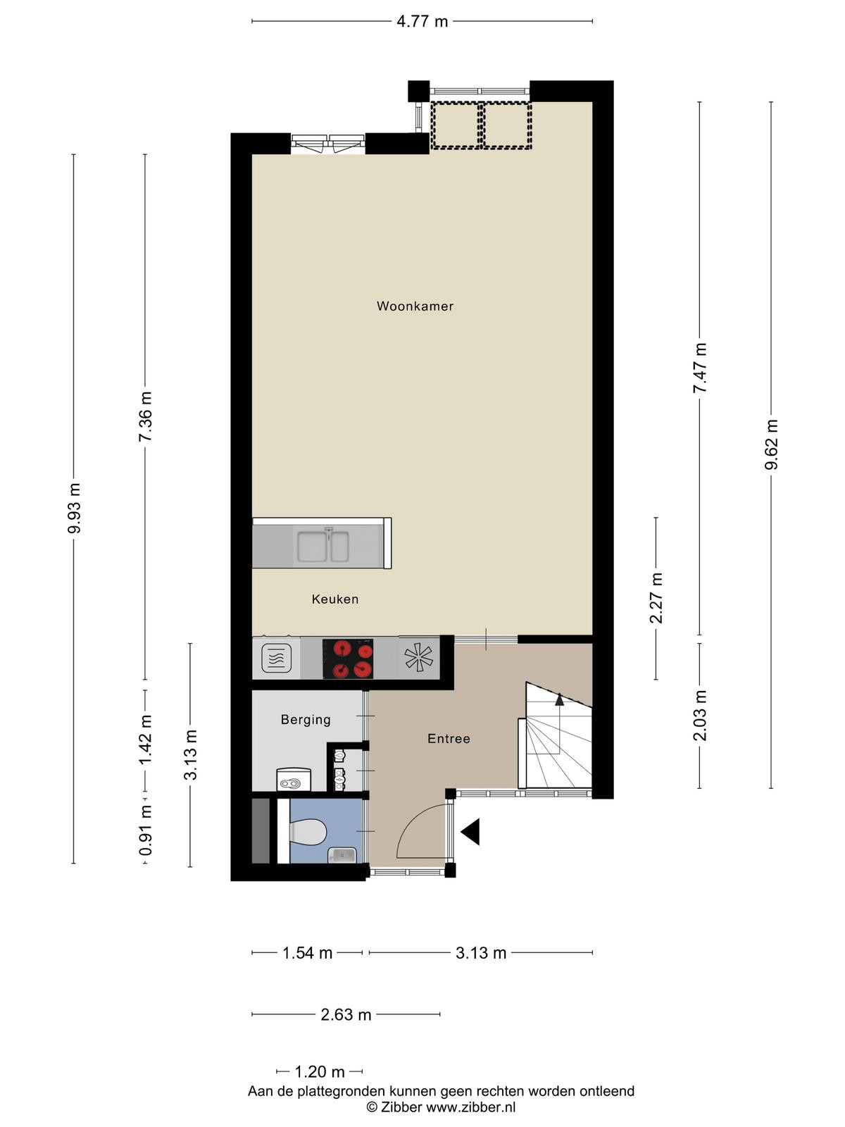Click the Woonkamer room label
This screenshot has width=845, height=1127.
(x=415, y=306)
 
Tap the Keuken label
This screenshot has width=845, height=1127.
(x=335, y=599)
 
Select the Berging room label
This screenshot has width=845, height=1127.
(x=306, y=720)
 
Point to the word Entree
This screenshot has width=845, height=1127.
(x=449, y=738)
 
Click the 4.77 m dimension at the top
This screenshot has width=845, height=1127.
(x=423, y=22)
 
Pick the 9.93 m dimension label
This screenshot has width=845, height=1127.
(x=75, y=508)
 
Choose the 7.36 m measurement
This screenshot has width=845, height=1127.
(x=146, y=416)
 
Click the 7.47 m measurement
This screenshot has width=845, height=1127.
(x=700, y=368)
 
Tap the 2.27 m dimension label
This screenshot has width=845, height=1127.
(x=657, y=597)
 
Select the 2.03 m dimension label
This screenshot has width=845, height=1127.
(x=700, y=716)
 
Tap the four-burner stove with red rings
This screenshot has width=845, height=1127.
(x=348, y=659)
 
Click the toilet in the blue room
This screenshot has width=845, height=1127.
(x=307, y=831)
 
